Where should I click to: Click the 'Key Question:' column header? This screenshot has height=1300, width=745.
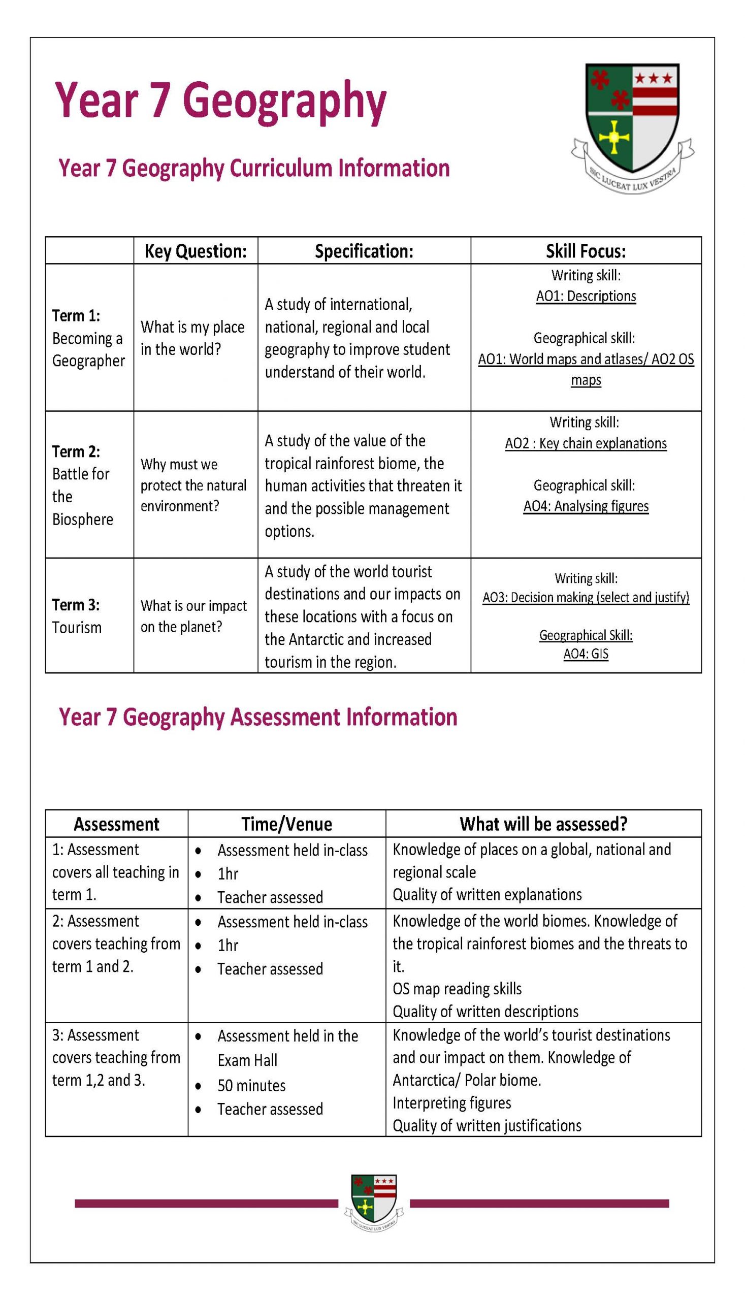196,251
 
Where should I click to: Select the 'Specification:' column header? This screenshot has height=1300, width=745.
364,251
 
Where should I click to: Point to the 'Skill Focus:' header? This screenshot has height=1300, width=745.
586,251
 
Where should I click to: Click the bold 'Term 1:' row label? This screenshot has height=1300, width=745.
76,316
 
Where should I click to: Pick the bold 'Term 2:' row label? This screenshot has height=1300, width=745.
76,452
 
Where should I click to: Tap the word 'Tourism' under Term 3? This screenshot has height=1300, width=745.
77,627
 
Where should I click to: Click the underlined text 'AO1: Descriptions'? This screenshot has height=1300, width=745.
586,296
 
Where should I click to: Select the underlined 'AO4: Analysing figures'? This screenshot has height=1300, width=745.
586,506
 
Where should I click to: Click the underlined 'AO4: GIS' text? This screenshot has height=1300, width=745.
586,654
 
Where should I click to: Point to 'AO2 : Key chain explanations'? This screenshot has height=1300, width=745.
586,443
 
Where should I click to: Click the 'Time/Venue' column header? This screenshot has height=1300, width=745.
286,824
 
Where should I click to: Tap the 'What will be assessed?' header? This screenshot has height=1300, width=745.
543,824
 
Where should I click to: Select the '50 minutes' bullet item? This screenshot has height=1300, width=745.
252,1086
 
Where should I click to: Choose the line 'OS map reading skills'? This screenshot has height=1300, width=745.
457,989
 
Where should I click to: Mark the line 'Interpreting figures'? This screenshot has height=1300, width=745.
452,1103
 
